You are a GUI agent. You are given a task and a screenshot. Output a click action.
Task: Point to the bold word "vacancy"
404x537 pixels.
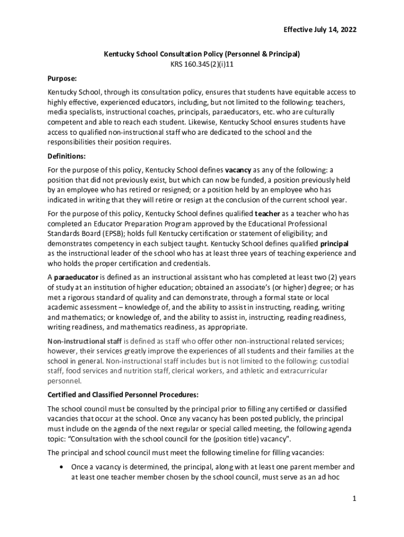coord(238,170)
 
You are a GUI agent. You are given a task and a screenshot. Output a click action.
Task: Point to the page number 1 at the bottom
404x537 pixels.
coord(354,499)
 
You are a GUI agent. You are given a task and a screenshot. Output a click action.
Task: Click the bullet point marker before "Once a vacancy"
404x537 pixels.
coord(63,466)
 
